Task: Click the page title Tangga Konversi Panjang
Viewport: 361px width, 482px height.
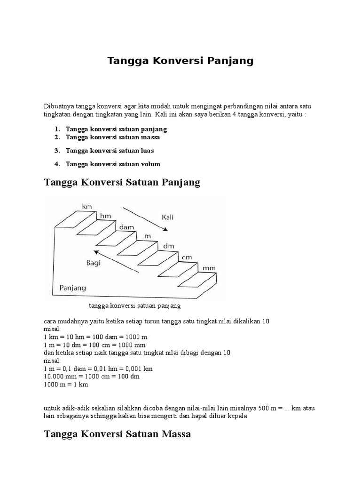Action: coord(180,61)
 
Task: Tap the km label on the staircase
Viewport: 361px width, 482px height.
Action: coord(86,207)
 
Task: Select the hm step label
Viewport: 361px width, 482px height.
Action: coord(106,216)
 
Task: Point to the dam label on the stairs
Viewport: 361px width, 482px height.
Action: coord(126,227)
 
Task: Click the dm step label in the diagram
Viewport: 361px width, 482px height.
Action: coord(168,246)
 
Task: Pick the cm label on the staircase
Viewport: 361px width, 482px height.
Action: coord(187,257)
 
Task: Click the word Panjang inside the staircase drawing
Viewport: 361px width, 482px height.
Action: coord(72,287)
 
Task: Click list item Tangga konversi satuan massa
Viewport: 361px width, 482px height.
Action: coord(113,137)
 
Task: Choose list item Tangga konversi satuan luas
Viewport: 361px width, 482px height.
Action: coord(110,151)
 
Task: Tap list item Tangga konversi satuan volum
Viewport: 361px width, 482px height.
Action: coord(113,164)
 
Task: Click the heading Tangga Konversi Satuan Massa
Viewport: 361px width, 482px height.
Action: coord(118,434)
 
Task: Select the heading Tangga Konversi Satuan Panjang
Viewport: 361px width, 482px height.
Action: coord(122,182)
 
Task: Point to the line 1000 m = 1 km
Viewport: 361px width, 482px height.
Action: coord(66,385)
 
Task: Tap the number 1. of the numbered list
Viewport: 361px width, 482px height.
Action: coord(57,129)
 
